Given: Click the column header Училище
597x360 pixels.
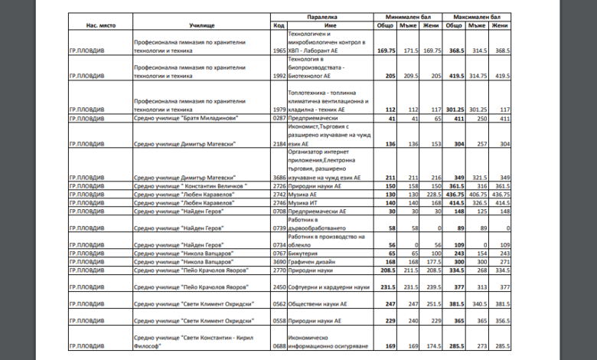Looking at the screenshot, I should point(202,25).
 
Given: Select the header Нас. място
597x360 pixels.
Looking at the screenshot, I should point(99,25).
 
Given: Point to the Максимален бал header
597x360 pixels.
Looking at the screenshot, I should point(477,15).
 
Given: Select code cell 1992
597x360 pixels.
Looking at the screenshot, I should point(279,77).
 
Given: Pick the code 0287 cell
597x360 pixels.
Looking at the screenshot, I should point(279,119).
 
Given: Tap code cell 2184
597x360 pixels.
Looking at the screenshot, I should point(279,143).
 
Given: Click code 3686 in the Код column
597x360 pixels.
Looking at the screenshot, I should point(279,177).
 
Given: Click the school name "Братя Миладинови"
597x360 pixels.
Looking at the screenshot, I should point(184,119).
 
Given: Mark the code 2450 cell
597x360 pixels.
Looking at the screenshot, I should point(279,286).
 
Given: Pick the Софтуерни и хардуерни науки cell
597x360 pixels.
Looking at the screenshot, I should point(328,286).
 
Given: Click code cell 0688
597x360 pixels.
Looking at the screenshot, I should point(279,345).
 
